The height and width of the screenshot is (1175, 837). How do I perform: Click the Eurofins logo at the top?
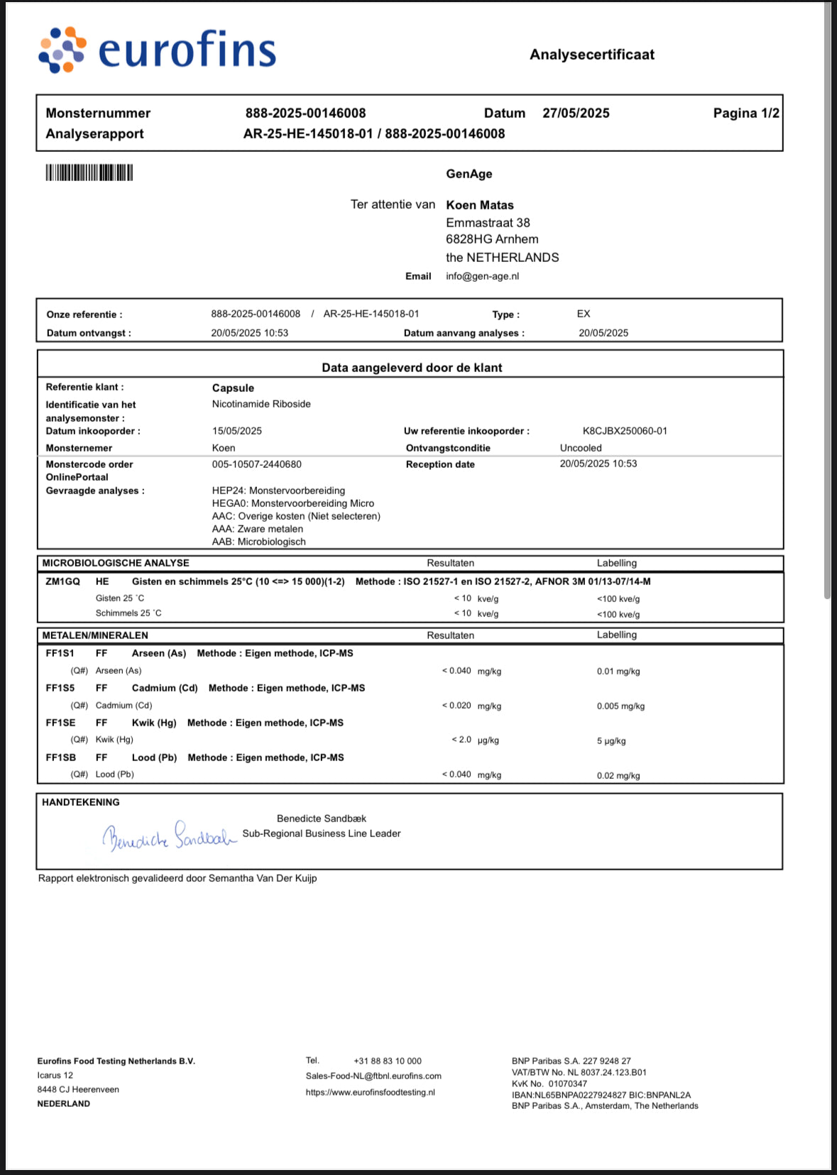(x=157, y=50)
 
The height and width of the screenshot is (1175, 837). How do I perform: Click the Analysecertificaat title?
(x=592, y=55)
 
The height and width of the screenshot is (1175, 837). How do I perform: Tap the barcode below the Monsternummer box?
(x=89, y=173)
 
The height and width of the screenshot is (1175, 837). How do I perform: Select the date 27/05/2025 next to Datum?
(x=576, y=113)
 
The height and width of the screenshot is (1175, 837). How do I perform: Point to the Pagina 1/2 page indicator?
(x=745, y=113)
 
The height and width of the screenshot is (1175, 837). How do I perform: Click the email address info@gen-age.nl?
(x=482, y=276)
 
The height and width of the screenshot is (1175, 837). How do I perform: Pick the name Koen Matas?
(x=479, y=205)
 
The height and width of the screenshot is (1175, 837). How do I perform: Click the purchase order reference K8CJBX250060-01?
(x=625, y=431)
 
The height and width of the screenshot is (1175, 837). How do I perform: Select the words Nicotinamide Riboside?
(x=261, y=404)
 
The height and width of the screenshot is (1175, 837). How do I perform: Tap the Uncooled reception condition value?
(x=581, y=448)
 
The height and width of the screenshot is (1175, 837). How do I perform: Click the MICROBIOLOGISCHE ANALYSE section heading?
(x=116, y=563)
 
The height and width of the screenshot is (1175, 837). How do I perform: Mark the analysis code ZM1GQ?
(x=63, y=581)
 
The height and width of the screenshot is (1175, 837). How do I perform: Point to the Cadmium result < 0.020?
(x=456, y=706)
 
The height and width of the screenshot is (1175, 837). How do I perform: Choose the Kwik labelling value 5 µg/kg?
(x=611, y=740)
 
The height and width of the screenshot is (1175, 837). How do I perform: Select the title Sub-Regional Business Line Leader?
(x=322, y=834)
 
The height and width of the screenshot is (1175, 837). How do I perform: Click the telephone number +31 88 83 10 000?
(x=388, y=1061)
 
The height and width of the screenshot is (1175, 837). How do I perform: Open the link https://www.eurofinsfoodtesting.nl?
(x=370, y=1092)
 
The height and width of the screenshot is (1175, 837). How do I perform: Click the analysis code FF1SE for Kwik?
(x=60, y=723)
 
